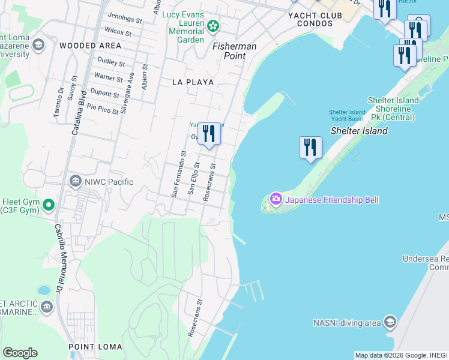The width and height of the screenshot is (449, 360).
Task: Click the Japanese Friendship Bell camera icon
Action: [276, 199]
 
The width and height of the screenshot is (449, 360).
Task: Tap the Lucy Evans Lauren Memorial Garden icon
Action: [213, 26]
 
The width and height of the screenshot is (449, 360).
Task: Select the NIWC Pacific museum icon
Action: [76, 181]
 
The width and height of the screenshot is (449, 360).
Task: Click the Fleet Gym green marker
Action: [49, 205]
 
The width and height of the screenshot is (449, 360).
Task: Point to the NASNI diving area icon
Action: [390, 323]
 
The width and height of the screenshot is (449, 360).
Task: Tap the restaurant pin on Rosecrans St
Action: [209, 134]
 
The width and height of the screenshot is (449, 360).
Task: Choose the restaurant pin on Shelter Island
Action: [310, 148]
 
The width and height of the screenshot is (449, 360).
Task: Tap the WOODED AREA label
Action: [90, 46]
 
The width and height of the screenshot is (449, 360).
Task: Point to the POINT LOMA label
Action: [95, 347]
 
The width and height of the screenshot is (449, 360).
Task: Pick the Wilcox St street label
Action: [118, 31]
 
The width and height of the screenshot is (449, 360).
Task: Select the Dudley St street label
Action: [110, 62]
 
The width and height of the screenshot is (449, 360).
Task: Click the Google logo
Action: [20, 353]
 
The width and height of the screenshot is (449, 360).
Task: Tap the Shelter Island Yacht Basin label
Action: [347, 116]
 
